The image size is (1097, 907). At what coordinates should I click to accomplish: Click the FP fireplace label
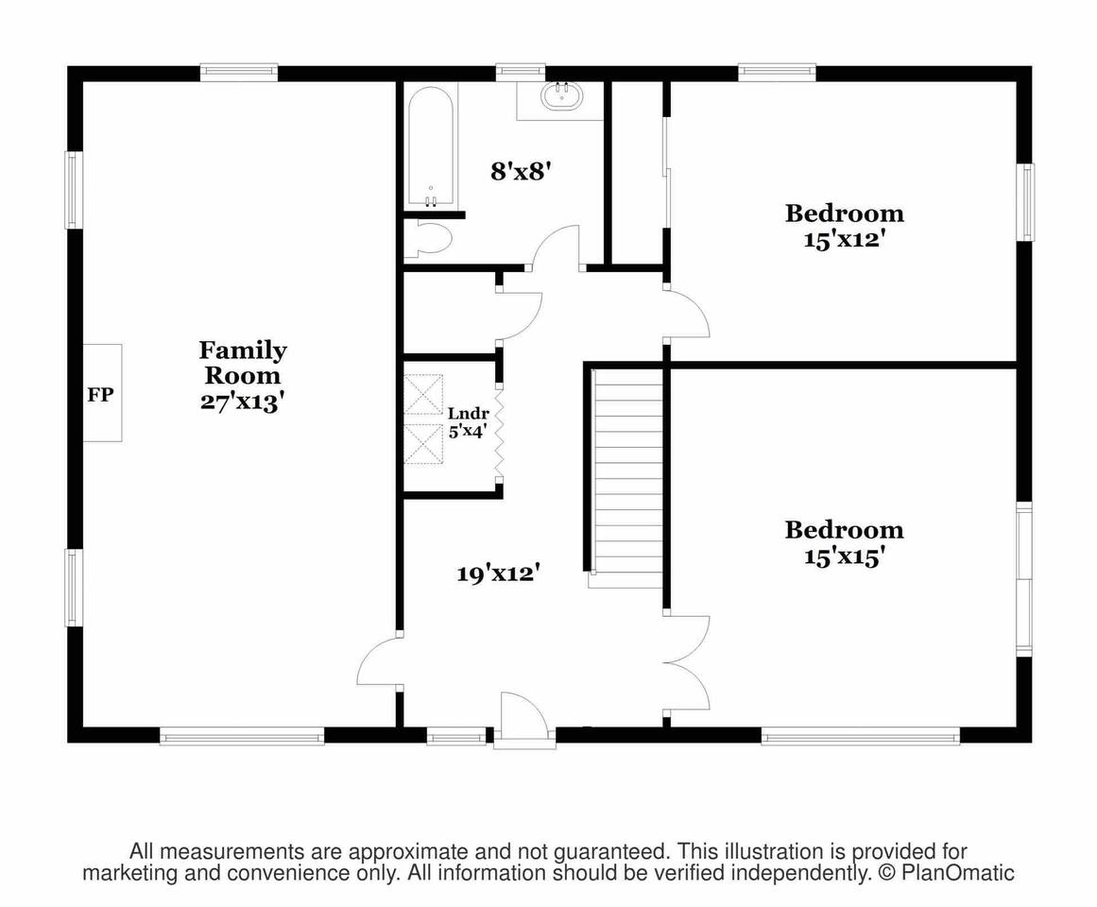point(100,395)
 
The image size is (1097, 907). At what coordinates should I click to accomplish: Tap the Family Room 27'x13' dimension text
point(242,402)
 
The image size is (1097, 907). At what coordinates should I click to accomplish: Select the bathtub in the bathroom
point(431,146)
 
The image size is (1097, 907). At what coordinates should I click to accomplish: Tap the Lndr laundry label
point(468,413)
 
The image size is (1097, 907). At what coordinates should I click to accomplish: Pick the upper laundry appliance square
point(423,394)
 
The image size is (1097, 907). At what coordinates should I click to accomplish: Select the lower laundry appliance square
point(423,443)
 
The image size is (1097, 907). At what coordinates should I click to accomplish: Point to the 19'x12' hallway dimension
point(499,574)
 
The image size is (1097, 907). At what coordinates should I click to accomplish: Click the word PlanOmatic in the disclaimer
point(958,873)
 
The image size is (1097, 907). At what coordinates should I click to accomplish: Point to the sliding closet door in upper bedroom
point(667,171)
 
